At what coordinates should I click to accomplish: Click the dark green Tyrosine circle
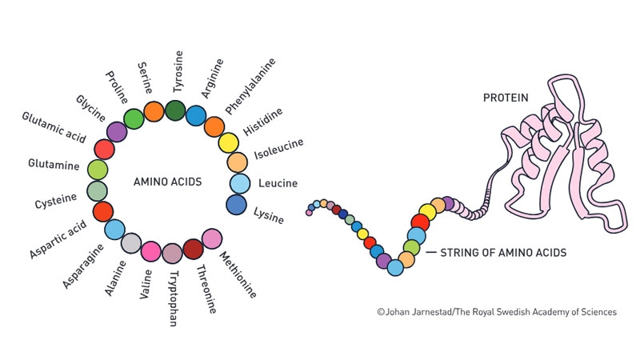click(175, 111)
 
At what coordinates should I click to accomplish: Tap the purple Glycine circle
click(117, 131)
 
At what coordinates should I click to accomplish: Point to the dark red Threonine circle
click(193, 249)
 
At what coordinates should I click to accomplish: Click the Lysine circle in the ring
click(236, 205)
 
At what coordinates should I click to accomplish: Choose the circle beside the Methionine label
click(212, 238)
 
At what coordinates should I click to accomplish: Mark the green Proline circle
click(134, 118)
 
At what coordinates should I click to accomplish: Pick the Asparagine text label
click(82, 263)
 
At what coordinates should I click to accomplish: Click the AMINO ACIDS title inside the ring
click(166, 182)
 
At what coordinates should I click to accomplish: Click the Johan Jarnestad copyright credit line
click(496, 312)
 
